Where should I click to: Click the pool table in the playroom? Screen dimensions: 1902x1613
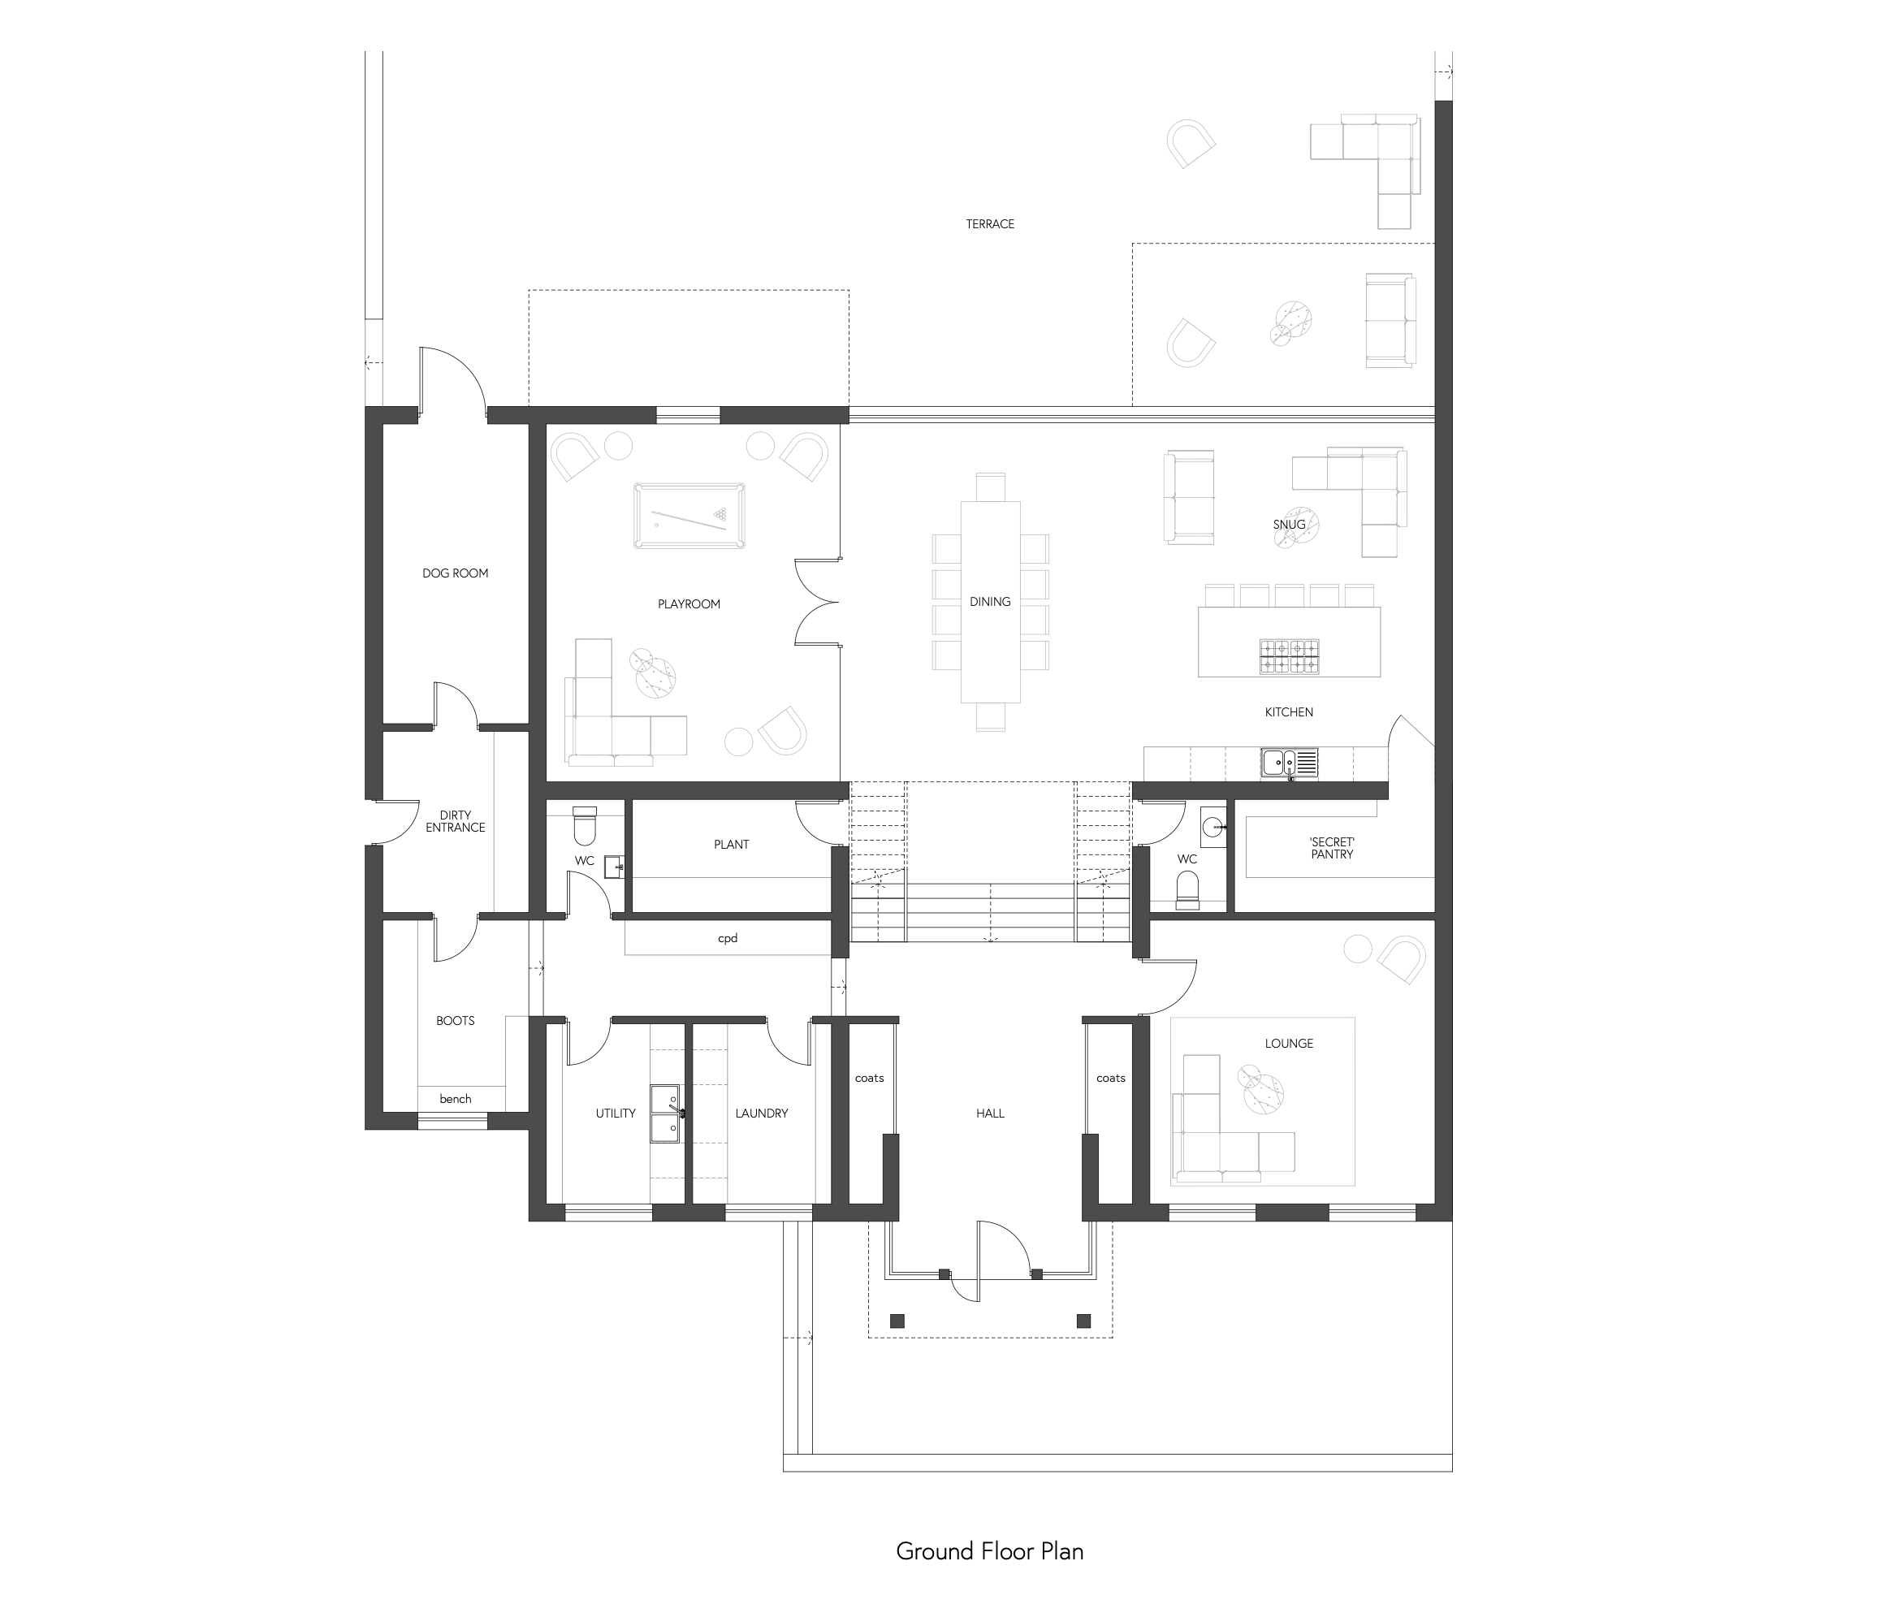689,516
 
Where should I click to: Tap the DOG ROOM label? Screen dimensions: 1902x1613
456,573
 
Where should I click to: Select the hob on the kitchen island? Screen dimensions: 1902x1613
1290,655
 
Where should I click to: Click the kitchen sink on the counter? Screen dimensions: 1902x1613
1290,763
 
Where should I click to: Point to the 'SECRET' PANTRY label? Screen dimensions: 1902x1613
1331,848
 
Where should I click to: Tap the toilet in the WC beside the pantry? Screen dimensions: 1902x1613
1187,889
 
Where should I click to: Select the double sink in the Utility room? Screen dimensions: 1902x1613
666,1114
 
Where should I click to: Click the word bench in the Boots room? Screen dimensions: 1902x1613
456,1099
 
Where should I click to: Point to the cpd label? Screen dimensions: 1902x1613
727,938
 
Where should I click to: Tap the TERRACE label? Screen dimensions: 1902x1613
990,224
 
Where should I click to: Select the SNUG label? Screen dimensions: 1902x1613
1290,525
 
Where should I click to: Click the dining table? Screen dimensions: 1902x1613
990,602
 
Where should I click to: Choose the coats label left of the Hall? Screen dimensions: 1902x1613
869,1078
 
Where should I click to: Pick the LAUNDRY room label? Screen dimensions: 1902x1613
761,1113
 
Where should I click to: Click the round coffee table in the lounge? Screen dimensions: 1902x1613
1261,1091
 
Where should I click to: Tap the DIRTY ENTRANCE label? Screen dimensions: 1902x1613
456,821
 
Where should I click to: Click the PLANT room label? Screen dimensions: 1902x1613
732,845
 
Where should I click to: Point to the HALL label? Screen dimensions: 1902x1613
990,1113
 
